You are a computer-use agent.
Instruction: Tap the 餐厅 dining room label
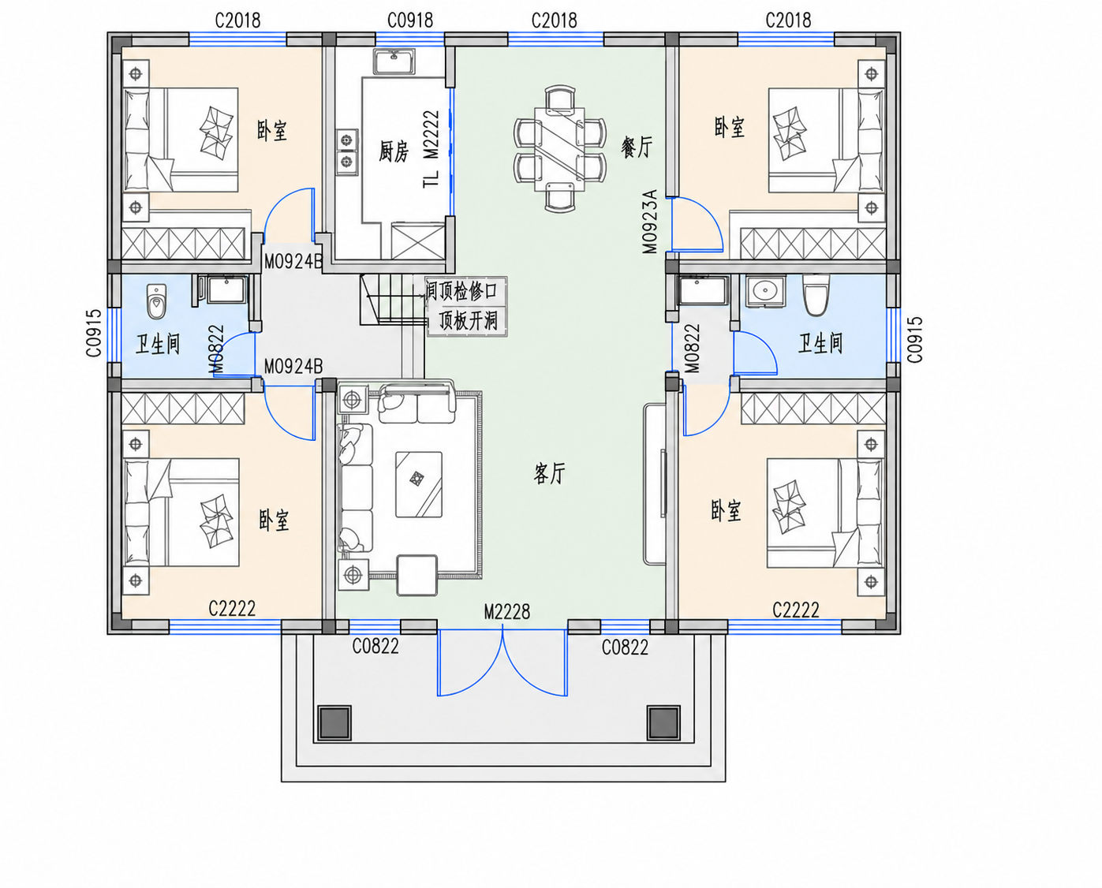click(x=637, y=147)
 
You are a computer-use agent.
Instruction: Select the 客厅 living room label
click(x=549, y=473)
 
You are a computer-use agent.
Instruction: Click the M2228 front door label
click(x=507, y=611)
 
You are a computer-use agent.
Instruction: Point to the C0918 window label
click(x=410, y=21)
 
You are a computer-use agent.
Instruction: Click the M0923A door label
click(x=650, y=222)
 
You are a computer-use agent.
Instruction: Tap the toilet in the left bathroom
click(x=156, y=301)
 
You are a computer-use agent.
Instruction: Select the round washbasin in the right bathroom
click(x=765, y=291)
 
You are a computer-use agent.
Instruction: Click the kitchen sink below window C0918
click(x=394, y=62)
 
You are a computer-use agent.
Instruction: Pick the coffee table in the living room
click(x=418, y=484)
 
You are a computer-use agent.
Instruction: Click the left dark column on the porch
click(x=335, y=722)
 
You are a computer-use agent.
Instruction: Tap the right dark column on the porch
click(x=663, y=722)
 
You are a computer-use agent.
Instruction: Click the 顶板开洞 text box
click(x=467, y=321)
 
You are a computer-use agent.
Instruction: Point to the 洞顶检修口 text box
click(x=466, y=291)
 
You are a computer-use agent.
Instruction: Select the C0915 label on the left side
click(x=94, y=333)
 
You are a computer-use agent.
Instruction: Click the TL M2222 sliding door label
click(x=431, y=149)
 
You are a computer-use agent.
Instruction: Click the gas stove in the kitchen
click(x=346, y=151)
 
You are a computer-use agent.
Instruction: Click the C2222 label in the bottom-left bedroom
click(x=232, y=608)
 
